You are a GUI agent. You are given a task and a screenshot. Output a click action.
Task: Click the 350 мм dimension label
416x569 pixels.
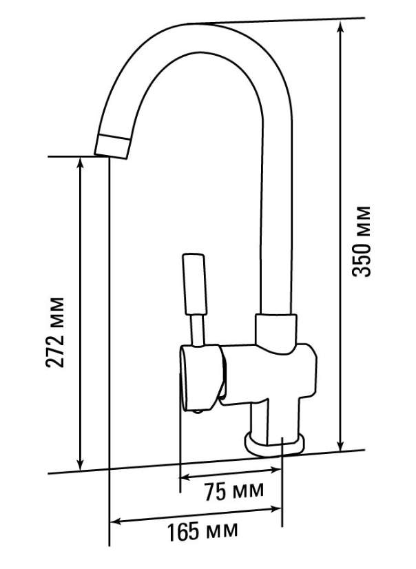pos(362,241)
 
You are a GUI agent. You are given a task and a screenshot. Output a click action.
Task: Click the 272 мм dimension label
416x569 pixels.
pos(55,333)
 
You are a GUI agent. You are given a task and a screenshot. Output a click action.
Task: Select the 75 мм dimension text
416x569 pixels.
pos(233,491)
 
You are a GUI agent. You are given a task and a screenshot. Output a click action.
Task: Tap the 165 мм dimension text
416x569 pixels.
pos(202,531)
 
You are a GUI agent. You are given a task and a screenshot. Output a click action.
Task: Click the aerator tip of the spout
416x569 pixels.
pos(112,146)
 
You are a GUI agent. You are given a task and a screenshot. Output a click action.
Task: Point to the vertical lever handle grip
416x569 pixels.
pos(196,284)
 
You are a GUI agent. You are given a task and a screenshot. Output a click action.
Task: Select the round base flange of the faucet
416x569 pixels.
pos(275,444)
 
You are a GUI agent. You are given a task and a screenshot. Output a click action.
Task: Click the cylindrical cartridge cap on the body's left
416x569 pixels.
pos(202,377)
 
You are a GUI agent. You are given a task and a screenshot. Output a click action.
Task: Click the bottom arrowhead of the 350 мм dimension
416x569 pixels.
pos(340,445)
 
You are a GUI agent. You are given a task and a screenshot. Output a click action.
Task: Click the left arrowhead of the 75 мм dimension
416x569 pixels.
pos(187,477)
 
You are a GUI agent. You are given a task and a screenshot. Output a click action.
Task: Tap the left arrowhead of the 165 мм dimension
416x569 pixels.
pos(117,522)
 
